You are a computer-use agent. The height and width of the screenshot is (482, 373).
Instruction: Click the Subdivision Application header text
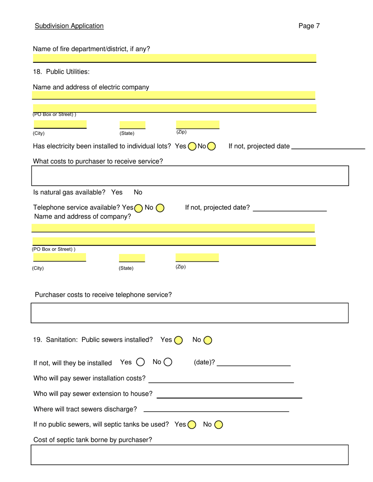69,26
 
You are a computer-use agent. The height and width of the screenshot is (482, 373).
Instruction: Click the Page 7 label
309,26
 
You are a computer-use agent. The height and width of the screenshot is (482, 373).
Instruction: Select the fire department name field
174,58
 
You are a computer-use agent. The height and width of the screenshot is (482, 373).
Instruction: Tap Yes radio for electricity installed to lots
192,147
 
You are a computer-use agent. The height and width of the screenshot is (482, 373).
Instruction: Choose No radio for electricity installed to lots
212,147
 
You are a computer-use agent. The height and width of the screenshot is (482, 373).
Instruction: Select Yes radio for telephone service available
138,208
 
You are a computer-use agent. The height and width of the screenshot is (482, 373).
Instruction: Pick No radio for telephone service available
160,208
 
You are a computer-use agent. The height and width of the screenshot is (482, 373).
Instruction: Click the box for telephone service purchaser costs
190,313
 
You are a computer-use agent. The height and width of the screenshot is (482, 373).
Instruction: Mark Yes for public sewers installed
178,341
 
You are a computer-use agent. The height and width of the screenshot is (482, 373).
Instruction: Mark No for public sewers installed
207,341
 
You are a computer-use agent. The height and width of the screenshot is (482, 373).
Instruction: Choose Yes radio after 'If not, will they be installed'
140,363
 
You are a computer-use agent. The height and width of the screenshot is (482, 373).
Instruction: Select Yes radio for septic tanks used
192,424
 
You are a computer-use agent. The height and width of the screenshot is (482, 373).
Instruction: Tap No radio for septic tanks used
218,424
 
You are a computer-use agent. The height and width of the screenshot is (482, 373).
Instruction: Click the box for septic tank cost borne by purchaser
190,455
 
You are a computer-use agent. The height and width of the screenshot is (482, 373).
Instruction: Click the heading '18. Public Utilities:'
61,72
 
